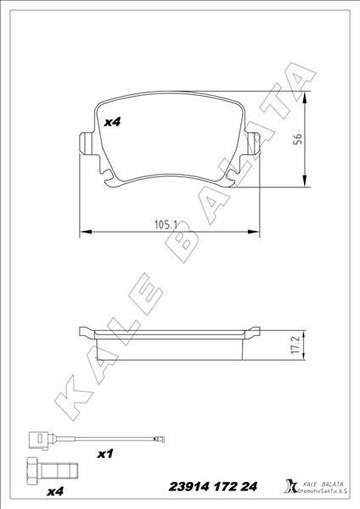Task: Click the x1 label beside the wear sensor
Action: coord(106,455)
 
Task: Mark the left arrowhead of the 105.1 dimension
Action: coord(82,231)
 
